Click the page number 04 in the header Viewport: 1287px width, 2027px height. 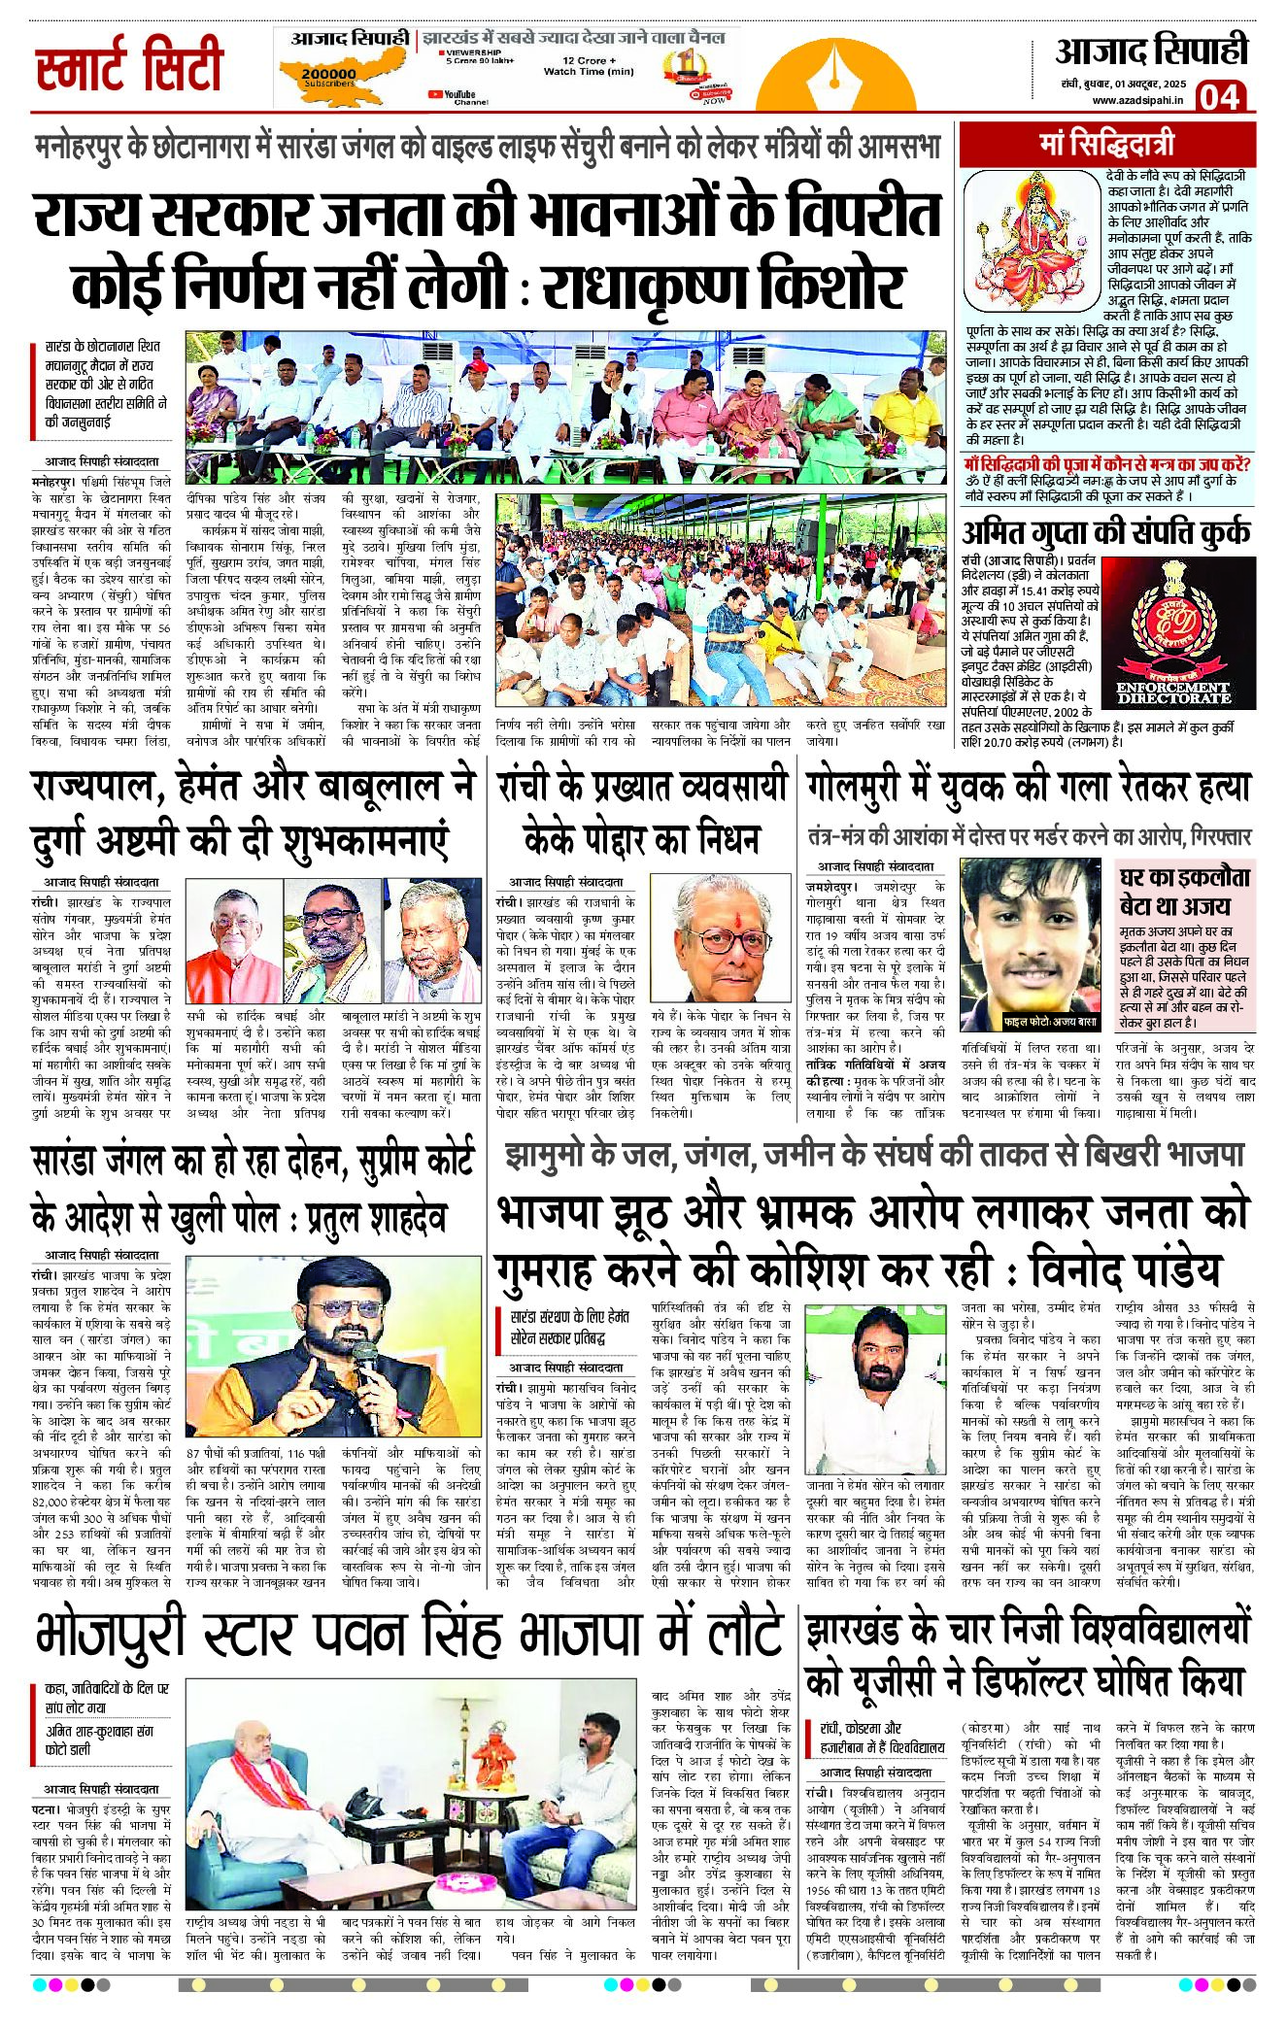(x=1219, y=97)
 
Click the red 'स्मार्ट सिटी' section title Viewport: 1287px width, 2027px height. (x=129, y=65)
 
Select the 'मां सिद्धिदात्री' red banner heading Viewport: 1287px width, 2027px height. (x=1106, y=145)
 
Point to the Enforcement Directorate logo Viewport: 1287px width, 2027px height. (x=1171, y=636)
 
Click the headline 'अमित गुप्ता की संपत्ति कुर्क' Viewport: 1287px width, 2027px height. (x=1105, y=533)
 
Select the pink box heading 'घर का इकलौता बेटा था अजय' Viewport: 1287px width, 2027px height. (x=1185, y=891)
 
